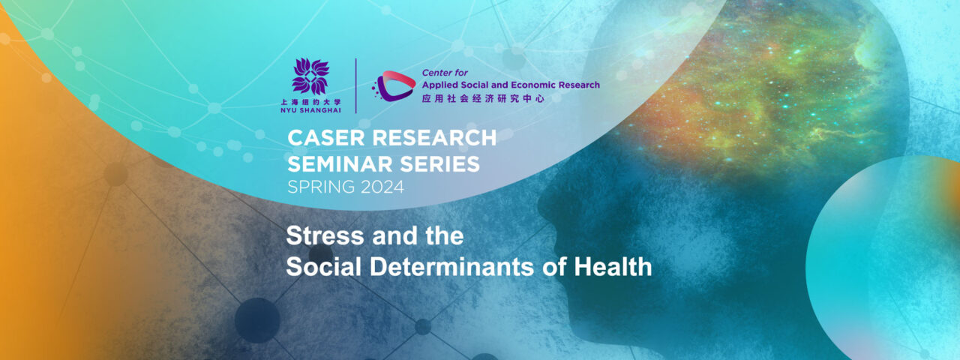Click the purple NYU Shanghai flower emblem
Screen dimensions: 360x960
tap(310, 76)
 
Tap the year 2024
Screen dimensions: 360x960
tap(378, 187)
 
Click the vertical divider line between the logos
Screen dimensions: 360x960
tap(355, 85)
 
